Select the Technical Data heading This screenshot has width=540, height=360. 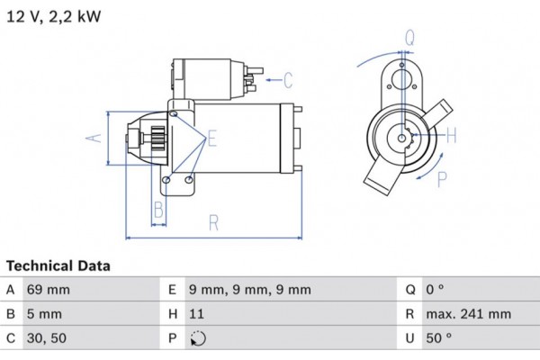tap(58, 266)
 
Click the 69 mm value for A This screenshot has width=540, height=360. tap(49, 290)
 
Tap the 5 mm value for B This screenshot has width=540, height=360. tap(45, 314)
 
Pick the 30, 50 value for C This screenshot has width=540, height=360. tap(48, 338)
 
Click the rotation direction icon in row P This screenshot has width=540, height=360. tap(199, 339)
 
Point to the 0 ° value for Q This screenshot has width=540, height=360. tap(436, 290)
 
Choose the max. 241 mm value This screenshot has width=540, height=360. tap(468, 314)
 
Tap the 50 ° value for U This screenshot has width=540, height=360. tap(439, 338)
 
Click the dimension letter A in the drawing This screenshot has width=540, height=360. tap(92, 138)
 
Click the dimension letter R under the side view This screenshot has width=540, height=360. tap(213, 222)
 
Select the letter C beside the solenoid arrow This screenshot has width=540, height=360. tap(288, 81)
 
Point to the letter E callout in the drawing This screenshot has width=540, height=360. tap(212, 138)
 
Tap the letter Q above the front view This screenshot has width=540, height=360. tap(409, 37)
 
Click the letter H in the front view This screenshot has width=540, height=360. tap(452, 136)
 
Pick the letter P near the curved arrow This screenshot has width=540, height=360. tap(442, 179)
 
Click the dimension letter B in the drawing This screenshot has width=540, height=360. tap(157, 211)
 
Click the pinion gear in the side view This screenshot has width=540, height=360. tap(154, 139)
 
